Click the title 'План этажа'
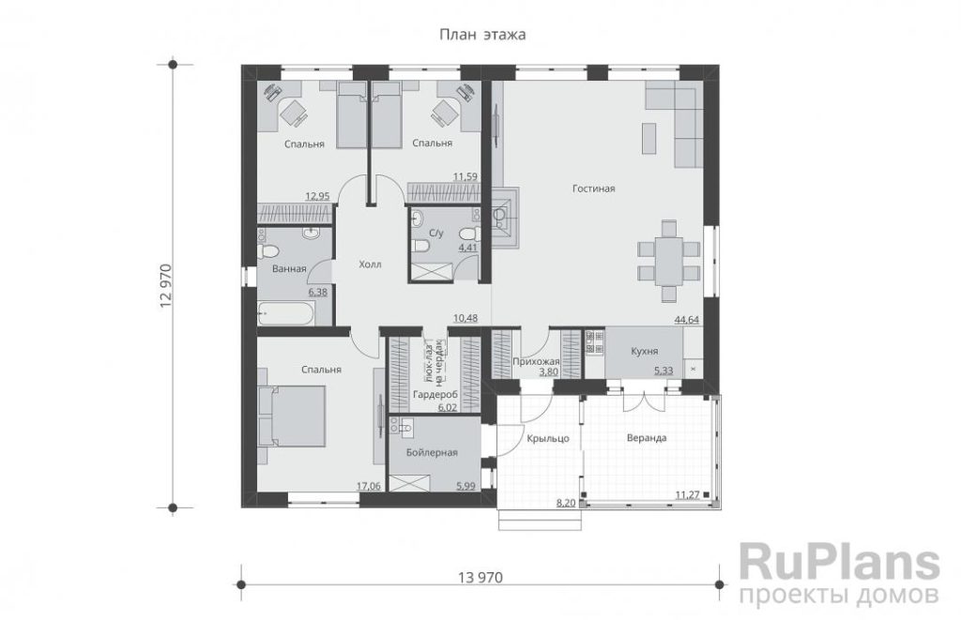point(482,35)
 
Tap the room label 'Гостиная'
point(593,189)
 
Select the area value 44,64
point(687,319)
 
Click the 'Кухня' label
point(644,351)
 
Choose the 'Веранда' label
point(647,438)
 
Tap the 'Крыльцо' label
point(548,439)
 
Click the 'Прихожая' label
point(536,361)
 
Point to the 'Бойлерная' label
point(432,453)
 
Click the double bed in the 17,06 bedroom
point(292,417)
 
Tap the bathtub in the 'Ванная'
point(285,313)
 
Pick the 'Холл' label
point(370,265)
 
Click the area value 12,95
point(317,196)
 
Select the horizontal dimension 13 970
point(480,577)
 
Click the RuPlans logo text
point(840,561)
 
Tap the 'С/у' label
point(435,233)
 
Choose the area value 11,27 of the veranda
point(688,495)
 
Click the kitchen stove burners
point(594,343)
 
